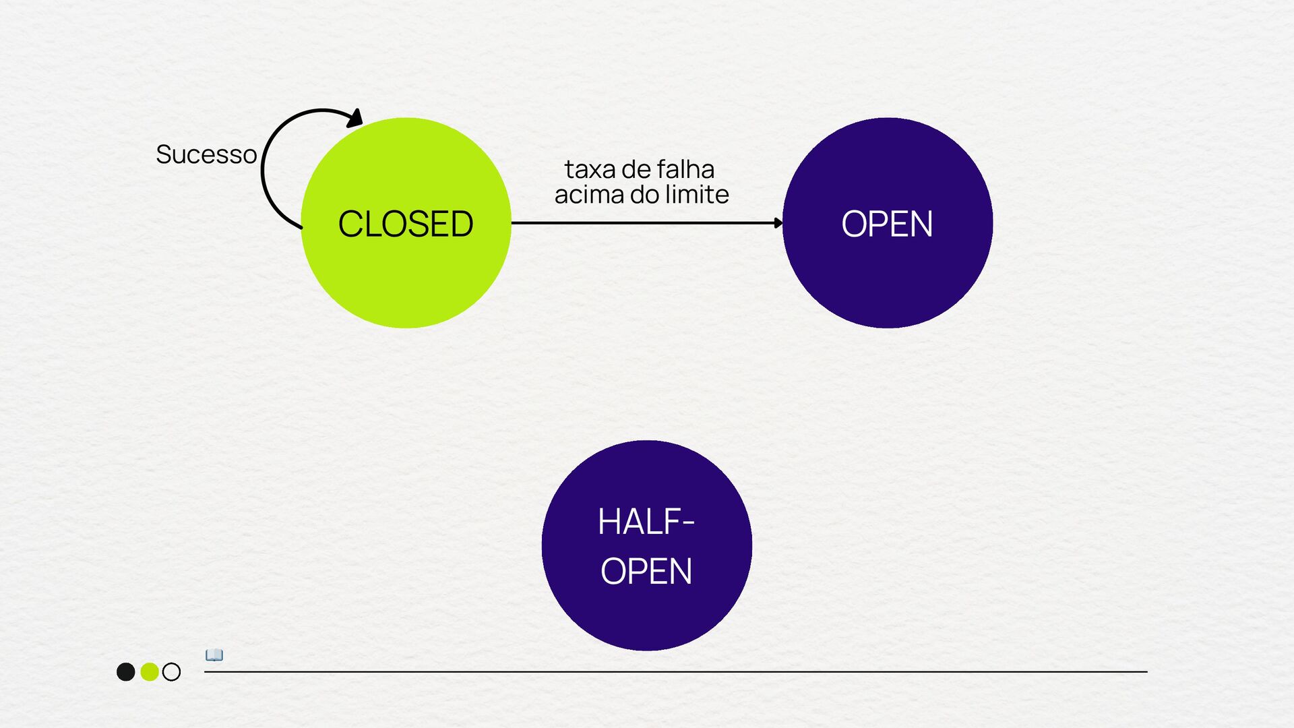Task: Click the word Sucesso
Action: click(206, 154)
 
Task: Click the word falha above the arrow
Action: click(685, 169)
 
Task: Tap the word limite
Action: click(697, 195)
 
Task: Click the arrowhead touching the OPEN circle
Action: click(778, 222)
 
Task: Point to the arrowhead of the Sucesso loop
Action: click(355, 119)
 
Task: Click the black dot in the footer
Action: click(125, 671)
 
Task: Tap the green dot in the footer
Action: click(149, 671)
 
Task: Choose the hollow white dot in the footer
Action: click(172, 671)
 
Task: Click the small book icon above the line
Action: click(214, 655)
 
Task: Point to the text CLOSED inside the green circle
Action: click(406, 224)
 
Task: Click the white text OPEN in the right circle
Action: click(887, 224)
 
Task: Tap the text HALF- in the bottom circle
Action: click(646, 522)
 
